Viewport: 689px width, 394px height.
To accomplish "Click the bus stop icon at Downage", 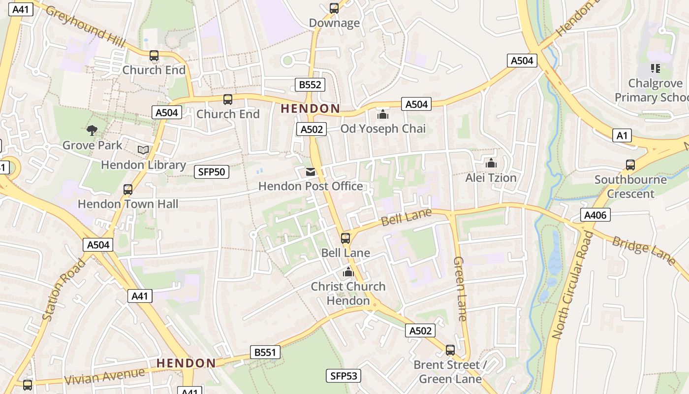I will pos(334,8).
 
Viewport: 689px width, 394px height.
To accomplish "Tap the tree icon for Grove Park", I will pos(92,131).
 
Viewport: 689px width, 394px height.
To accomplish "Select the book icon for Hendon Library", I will pos(143,150).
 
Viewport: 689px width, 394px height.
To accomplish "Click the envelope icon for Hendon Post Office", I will pos(311,172).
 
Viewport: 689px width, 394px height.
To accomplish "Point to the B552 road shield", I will pos(310,85).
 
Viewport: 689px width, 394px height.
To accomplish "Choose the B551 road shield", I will pos(265,352).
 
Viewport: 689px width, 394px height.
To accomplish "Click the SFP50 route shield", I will pos(212,172).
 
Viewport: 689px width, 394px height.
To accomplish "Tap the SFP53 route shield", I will pos(344,376).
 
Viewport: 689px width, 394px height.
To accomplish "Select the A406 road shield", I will pos(595,215).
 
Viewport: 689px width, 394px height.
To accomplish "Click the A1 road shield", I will pos(622,136).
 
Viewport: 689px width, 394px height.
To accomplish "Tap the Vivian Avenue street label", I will pos(105,377).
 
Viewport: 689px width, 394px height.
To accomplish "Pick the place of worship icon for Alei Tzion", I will pos(491,163).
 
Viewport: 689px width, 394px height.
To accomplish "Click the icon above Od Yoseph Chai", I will pos(383,115).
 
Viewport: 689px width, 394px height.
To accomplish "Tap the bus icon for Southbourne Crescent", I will pos(630,165).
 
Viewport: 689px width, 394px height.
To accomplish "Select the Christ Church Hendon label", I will pos(348,294).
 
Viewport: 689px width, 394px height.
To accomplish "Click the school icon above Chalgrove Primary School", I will pos(655,68).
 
